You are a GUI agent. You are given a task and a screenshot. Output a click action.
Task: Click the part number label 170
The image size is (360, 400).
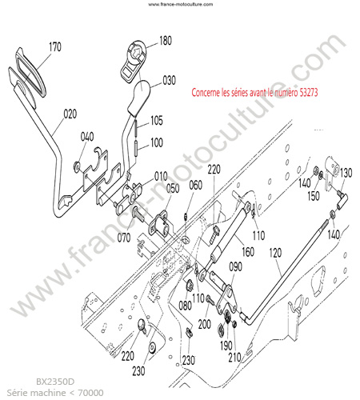pos(55,47)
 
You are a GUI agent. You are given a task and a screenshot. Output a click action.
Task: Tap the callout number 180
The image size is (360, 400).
pos(166,41)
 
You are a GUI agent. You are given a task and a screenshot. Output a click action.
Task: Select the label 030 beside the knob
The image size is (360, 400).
pos(169,80)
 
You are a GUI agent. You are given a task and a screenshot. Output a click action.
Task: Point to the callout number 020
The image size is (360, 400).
pos(70,114)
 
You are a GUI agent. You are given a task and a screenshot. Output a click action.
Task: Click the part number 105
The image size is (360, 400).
pos(157,121)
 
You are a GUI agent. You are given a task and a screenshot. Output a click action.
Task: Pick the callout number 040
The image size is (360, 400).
pos(87,137)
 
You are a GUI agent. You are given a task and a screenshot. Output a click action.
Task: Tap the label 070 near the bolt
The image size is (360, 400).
pos(124,238)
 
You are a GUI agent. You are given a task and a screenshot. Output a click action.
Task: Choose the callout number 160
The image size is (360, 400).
pos(248,251)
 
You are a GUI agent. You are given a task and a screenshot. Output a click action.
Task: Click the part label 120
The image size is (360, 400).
pos(275,253)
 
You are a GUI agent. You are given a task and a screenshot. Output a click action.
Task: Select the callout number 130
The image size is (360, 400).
pos(346,173)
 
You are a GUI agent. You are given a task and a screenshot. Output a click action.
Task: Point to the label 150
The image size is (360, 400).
pos(314,196)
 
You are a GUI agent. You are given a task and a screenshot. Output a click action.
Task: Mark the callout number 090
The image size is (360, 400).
pos(235,266)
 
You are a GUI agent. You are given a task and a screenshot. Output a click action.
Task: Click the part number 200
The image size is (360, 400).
pos(204,324)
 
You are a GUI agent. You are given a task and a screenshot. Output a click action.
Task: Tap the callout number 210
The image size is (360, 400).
pos(234,358)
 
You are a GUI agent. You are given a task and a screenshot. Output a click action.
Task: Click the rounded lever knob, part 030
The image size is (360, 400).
pos(139,97)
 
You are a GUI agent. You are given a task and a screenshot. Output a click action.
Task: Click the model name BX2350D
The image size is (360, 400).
pos(55,382)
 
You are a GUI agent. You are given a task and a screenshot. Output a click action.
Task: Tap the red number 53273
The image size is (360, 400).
pos(309,93)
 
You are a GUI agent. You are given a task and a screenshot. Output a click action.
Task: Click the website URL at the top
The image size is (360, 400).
pos(181,4)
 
